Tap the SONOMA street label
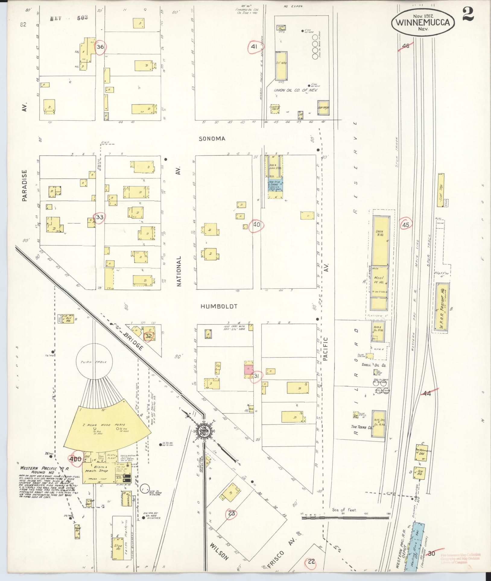[x=212, y=139]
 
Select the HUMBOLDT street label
[x=219, y=306]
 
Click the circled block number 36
[x=100, y=47]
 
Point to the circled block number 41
[x=254, y=47]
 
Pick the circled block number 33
[x=100, y=217]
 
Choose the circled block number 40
[x=257, y=225]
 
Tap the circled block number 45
[x=406, y=225]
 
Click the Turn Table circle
[x=96, y=363]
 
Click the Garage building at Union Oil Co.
[x=323, y=108]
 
